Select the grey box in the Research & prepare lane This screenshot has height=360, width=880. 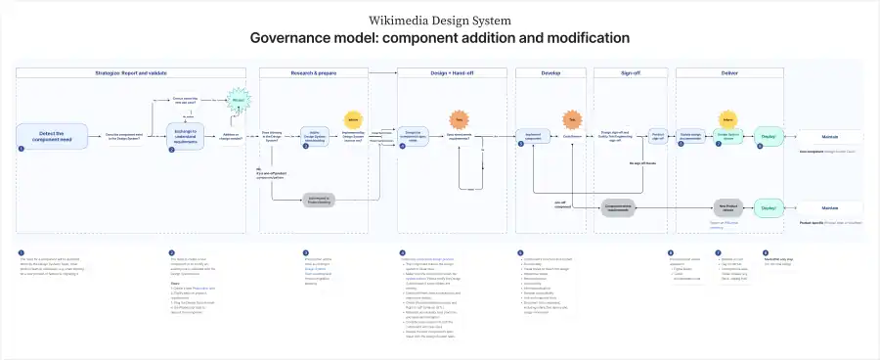pyautogui.click(x=318, y=201)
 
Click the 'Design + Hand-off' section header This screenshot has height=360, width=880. pyautogui.click(x=452, y=73)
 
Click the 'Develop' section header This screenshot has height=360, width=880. pyautogui.click(x=550, y=73)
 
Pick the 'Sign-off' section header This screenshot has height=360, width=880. pyautogui.click(x=632, y=73)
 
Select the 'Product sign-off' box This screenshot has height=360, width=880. pyautogui.click(x=659, y=138)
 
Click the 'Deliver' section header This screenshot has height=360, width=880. pyautogui.click(x=729, y=73)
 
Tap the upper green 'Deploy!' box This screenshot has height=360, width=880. pyautogui.click(x=768, y=138)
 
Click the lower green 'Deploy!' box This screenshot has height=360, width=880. pyautogui.click(x=768, y=207)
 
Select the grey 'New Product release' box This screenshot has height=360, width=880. pyautogui.click(x=728, y=207)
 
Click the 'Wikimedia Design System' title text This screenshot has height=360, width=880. pyautogui.click(x=439, y=19)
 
